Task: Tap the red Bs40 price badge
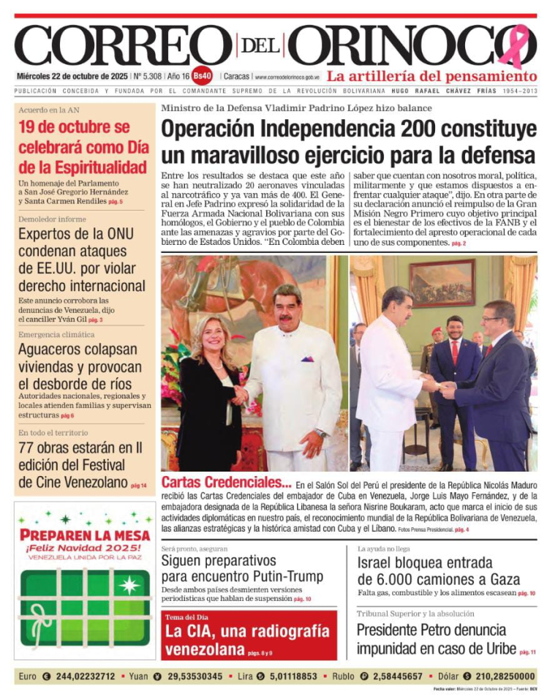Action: pyautogui.click(x=203, y=76)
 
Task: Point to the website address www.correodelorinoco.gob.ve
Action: pyautogui.click(x=287, y=77)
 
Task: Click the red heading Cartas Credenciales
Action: pyautogui.click(x=226, y=483)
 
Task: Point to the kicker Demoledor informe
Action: pyautogui.click(x=52, y=219)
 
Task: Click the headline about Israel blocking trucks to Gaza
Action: pyautogui.click(x=438, y=571)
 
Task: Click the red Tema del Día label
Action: pyautogui.click(x=190, y=617)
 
